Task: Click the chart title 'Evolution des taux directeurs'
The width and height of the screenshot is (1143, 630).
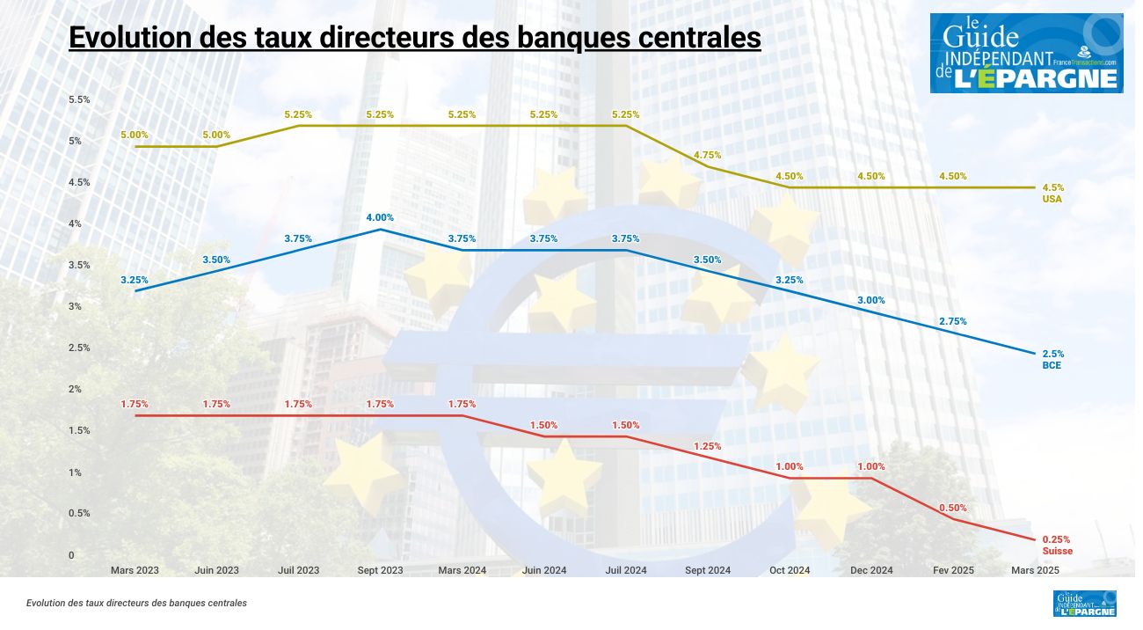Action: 414,39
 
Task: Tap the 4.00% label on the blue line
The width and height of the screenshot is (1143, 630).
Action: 380,217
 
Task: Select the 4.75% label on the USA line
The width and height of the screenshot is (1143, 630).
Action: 708,155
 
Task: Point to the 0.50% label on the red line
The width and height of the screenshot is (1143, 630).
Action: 952,508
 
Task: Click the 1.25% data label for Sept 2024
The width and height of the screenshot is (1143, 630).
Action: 707,446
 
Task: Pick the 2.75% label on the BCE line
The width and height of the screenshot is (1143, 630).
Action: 952,321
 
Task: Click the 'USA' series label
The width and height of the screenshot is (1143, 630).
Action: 1052,199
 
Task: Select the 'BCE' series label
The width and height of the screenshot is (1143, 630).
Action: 1052,364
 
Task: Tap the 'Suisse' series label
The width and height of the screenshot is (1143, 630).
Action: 1057,551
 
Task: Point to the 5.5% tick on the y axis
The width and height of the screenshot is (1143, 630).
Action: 79,99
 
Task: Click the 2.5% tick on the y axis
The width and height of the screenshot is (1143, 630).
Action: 79,348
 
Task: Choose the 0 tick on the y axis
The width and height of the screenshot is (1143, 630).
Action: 71,555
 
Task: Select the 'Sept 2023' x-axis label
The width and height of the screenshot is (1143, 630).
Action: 380,570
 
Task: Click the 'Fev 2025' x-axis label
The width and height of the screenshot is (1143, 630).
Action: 953,570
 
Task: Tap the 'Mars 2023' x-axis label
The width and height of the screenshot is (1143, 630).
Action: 135,570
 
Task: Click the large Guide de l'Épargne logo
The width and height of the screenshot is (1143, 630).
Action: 1026,53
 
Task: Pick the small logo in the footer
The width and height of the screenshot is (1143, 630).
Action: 1084,604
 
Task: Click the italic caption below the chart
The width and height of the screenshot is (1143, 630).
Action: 136,604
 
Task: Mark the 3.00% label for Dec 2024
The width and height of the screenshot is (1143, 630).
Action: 870,300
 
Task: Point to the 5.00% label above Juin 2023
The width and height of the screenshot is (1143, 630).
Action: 216,135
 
